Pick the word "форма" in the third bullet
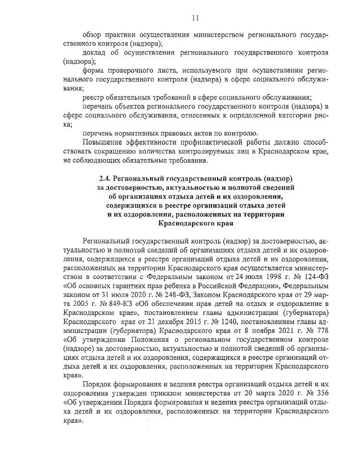[x=92, y=71]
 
